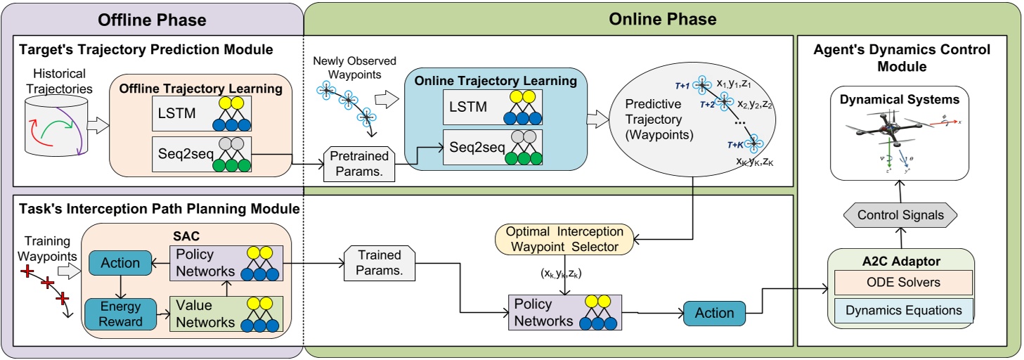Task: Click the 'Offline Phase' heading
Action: (x=153, y=19)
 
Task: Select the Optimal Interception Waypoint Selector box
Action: (x=564, y=238)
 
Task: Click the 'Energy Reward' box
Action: (x=120, y=314)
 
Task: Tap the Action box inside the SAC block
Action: (x=120, y=263)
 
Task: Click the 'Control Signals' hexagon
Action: (x=901, y=214)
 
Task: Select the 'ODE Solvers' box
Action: (x=901, y=282)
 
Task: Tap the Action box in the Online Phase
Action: (x=715, y=313)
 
